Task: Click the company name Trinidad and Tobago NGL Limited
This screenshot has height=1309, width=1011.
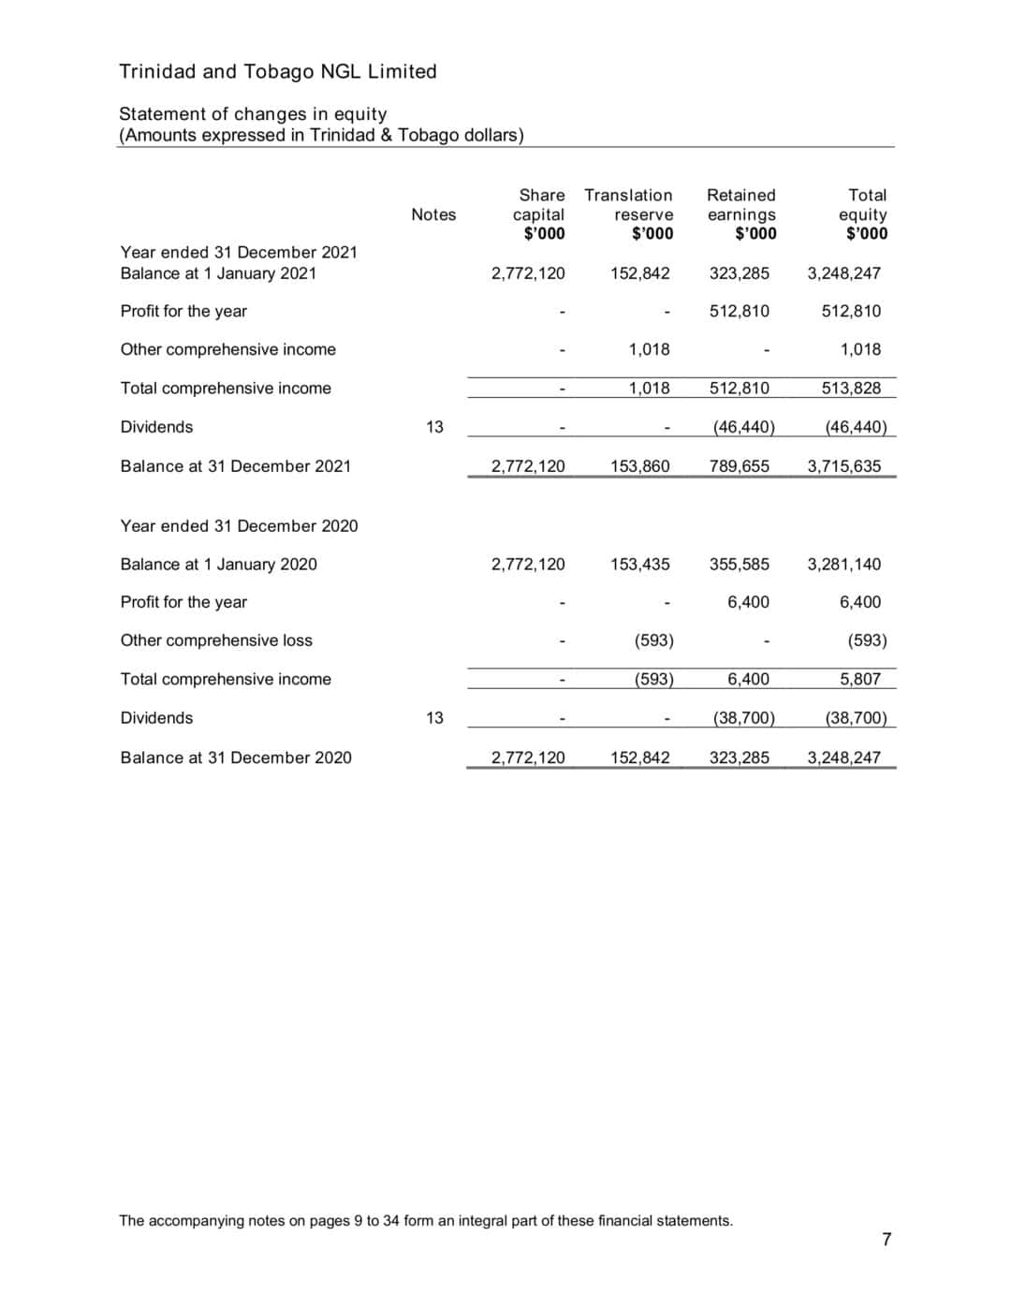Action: coord(277,72)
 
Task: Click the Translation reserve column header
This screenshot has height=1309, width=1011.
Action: coord(628,213)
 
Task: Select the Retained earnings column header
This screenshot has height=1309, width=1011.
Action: coord(741,213)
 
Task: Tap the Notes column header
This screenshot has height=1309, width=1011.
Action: coord(433,214)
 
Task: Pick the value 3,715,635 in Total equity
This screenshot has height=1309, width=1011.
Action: coord(843,466)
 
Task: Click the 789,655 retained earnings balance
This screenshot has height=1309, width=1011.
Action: coord(739,466)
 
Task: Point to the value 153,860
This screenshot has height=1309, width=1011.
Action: coord(639,466)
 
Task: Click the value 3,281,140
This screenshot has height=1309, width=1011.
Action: coord(843,565)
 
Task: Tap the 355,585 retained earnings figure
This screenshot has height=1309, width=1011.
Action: coord(739,565)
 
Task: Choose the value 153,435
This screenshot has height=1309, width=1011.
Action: coord(639,565)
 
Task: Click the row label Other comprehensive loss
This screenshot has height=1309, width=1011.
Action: coord(216,640)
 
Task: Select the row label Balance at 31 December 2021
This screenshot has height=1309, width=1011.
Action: coord(235,466)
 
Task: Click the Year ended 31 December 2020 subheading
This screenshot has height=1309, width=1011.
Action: coord(239,526)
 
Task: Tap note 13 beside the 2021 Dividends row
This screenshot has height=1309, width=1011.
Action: coord(434,427)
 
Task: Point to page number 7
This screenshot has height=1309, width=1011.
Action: coord(886,1240)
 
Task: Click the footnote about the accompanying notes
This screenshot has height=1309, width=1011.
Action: coord(426,1221)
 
